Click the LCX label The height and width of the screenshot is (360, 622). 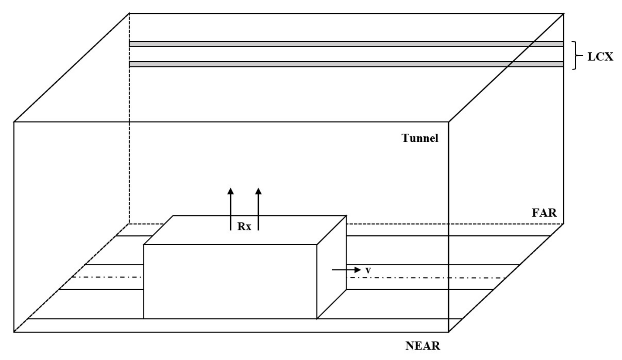(x=600, y=57)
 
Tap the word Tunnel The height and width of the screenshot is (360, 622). (x=420, y=138)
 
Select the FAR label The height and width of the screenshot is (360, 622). (x=544, y=213)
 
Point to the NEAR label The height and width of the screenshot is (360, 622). (x=423, y=346)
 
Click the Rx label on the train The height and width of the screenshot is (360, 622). (x=244, y=227)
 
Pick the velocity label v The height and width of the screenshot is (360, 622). (x=368, y=270)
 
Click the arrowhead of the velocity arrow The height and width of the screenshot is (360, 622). (x=358, y=270)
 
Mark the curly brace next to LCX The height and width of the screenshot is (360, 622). (x=575, y=55)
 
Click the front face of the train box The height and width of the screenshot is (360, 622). (x=230, y=281)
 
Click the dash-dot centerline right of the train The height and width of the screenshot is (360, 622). (x=427, y=278)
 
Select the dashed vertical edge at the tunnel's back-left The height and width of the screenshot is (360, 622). (x=129, y=124)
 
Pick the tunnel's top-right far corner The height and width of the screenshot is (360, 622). (x=564, y=14)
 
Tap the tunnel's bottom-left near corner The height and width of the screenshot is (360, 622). (x=14, y=332)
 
